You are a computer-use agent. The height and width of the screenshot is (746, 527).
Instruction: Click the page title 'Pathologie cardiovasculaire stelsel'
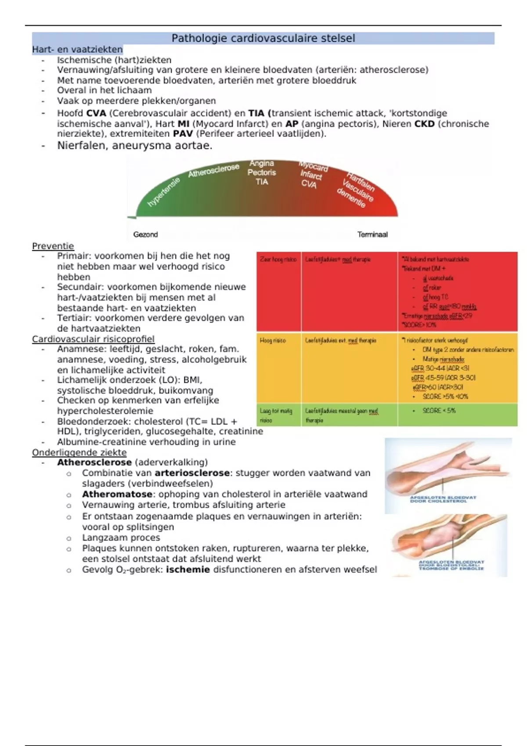tap(263, 38)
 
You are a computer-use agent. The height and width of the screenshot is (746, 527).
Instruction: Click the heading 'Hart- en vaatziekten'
tap(77, 50)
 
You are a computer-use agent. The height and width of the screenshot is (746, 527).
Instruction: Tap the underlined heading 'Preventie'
tap(53, 246)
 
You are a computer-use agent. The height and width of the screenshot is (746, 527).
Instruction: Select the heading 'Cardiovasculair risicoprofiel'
tap(93, 339)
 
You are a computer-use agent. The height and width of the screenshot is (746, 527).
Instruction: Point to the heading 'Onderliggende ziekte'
tap(79, 452)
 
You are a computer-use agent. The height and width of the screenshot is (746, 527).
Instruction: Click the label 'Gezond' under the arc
tap(145, 235)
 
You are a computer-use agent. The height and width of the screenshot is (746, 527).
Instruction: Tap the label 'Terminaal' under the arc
tap(372, 235)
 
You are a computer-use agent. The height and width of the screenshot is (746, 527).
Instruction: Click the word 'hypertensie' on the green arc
tap(163, 192)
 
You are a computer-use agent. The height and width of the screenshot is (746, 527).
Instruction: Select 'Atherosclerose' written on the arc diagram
tap(214, 170)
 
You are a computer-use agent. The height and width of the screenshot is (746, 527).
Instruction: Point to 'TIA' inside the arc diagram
tap(262, 182)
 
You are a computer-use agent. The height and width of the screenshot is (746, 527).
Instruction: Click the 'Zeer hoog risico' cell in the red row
tap(278, 259)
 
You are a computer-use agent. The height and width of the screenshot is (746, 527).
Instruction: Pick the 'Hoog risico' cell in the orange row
tap(273, 341)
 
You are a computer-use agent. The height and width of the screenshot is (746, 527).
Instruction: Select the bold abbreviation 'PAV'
tap(183, 134)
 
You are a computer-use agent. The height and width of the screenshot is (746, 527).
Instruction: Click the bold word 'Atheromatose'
tap(117, 494)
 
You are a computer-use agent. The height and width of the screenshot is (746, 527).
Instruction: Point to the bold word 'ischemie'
tap(188, 570)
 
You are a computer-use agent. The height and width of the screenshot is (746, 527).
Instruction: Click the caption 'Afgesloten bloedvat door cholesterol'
tap(443, 499)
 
